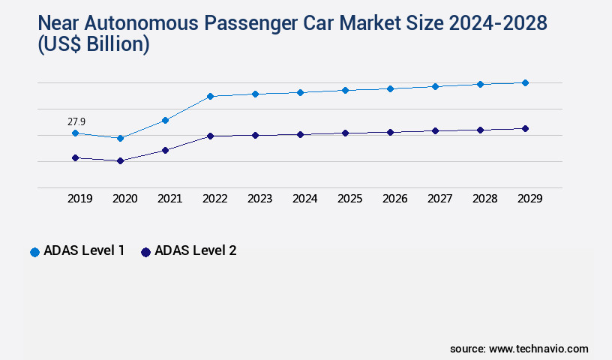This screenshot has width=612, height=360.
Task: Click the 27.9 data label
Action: pos(76,121)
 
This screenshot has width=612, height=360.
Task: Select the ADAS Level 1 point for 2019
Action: pos(75,133)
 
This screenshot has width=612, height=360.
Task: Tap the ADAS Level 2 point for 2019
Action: pos(75,157)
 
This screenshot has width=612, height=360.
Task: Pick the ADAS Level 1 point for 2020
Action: pos(120,138)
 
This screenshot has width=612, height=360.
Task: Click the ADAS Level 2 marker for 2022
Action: pos(210,136)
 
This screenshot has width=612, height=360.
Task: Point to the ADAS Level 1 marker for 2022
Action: pos(210,96)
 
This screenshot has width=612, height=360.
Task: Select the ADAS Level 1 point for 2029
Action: pos(525,82)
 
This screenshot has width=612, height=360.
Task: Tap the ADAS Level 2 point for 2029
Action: pos(525,128)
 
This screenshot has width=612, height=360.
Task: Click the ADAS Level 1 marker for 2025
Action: pos(345,90)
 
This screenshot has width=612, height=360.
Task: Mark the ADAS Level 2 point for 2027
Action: pos(435,130)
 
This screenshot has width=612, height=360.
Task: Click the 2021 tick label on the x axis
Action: pos(169,199)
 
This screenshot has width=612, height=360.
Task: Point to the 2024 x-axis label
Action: pos(304,199)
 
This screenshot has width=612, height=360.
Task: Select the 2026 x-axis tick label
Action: pos(394,199)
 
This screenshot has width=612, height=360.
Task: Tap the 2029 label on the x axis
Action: pos(529,199)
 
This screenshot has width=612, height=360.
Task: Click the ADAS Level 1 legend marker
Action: pos(34,252)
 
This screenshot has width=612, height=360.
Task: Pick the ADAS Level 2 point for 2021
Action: pos(165,150)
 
